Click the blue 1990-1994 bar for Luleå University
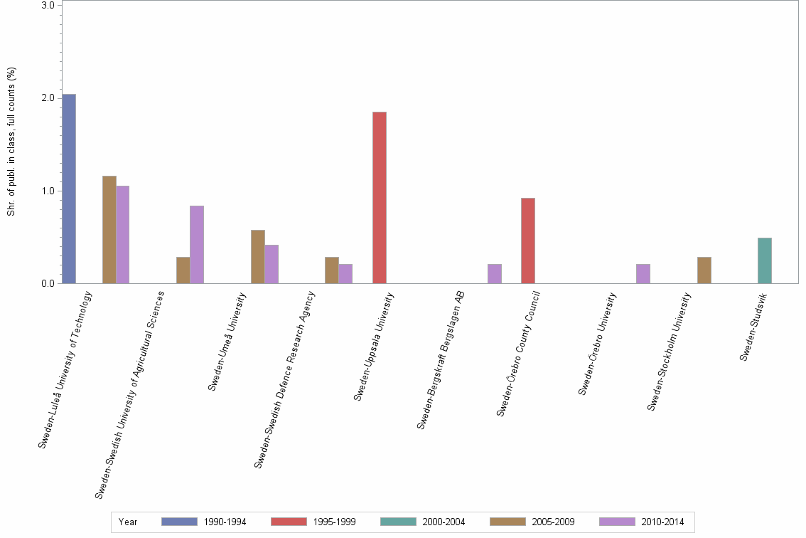pos(68,189)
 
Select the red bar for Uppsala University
pos(380,198)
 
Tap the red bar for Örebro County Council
pos(528,241)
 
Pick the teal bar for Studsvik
pos(765,260)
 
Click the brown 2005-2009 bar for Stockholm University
pos(704,270)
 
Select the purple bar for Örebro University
pos(643,274)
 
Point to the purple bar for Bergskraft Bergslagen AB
pos(495,274)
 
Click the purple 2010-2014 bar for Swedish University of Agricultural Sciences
pos(197,245)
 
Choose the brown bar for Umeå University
pos(257,257)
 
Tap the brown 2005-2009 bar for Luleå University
pos(109,230)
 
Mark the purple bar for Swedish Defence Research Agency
pos(345,274)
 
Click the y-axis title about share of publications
pos(11,142)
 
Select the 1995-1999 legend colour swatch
pos(289,522)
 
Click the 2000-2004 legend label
pos(444,522)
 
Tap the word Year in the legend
pos(128,522)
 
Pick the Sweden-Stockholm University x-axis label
pos(670,352)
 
